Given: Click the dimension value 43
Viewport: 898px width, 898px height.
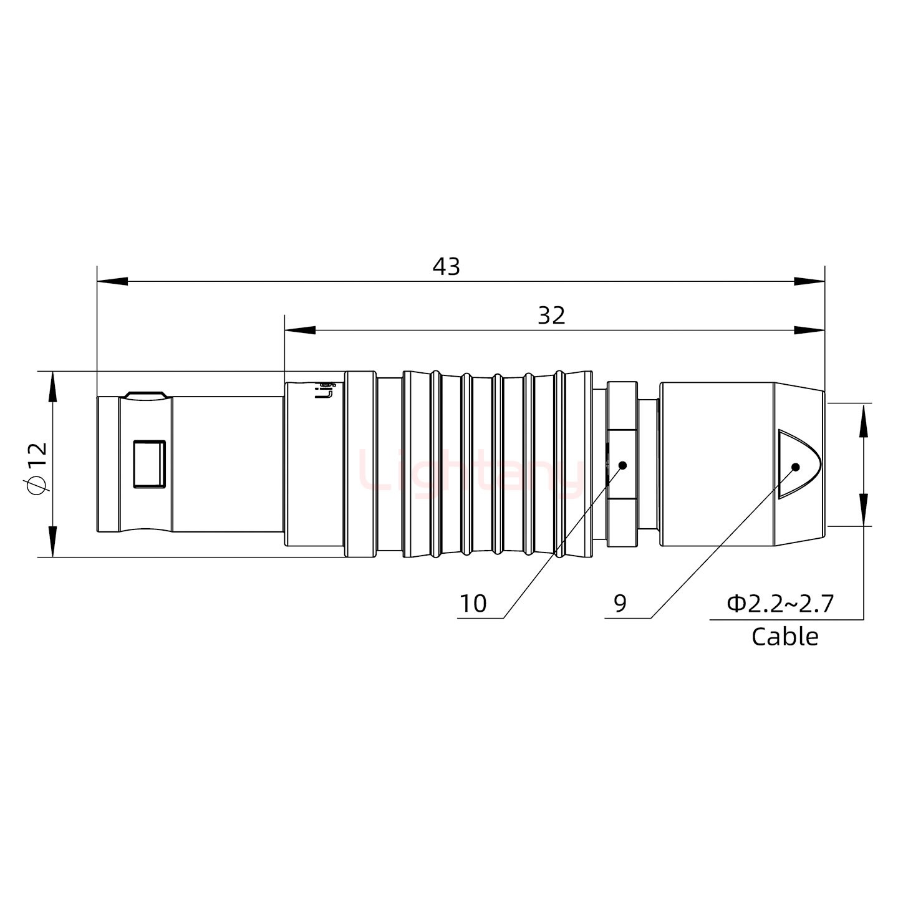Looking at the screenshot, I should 446,266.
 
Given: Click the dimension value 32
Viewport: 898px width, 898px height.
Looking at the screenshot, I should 551,316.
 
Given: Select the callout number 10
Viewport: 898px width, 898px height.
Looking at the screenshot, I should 473,604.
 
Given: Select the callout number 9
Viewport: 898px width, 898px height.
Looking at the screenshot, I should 620,603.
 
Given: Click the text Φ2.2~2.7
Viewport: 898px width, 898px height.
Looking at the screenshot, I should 780,604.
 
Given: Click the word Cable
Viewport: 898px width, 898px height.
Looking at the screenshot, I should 785,637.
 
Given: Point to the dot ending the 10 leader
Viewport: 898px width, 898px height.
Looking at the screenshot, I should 622,465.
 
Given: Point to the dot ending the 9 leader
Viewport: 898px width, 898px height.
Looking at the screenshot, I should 795,466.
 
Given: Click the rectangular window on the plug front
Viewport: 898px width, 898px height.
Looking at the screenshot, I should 150,463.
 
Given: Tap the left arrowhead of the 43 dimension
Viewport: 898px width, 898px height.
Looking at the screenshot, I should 112,281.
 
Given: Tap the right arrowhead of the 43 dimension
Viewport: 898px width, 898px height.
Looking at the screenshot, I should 809,281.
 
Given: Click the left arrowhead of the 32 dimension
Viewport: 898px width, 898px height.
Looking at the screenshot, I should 300,330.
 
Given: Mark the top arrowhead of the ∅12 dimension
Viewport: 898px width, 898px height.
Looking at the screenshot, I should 52,387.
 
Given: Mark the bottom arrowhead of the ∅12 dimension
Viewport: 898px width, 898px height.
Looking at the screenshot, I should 52,541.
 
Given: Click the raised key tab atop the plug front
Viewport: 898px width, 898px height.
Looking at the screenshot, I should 145,395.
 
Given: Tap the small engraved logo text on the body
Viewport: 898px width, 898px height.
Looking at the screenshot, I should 325,390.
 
